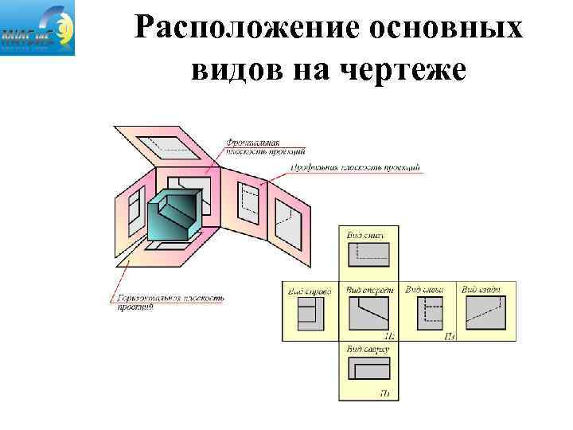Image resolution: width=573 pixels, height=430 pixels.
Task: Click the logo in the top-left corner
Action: (x=38, y=28)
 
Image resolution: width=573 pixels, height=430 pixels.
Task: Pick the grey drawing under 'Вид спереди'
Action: (x=368, y=314)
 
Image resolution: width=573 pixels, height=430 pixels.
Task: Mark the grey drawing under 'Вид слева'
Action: (x=429, y=314)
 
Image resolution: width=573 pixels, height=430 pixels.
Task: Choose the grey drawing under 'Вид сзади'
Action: (x=485, y=313)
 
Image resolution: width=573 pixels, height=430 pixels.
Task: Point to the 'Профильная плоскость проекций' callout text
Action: (x=355, y=168)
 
